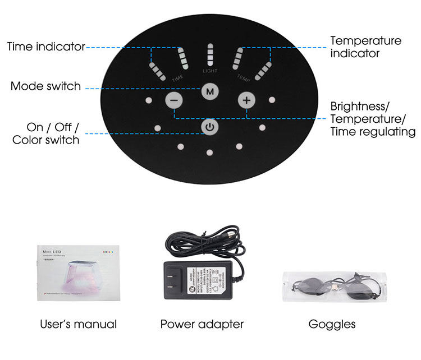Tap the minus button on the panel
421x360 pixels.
click(x=174, y=101)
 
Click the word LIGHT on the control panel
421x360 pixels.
click(x=210, y=71)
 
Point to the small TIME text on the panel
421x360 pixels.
click(x=177, y=78)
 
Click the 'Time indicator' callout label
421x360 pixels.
click(x=46, y=47)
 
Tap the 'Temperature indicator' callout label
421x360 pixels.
click(x=365, y=47)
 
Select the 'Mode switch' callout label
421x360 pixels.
click(x=46, y=86)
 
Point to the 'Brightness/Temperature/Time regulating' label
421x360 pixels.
click(x=373, y=119)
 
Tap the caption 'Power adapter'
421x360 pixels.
click(x=202, y=324)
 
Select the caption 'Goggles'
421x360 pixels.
click(x=332, y=324)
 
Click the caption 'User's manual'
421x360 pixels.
click(x=79, y=324)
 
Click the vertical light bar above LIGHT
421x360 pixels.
click(x=210, y=54)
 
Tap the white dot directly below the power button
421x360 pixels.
click(x=209, y=152)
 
